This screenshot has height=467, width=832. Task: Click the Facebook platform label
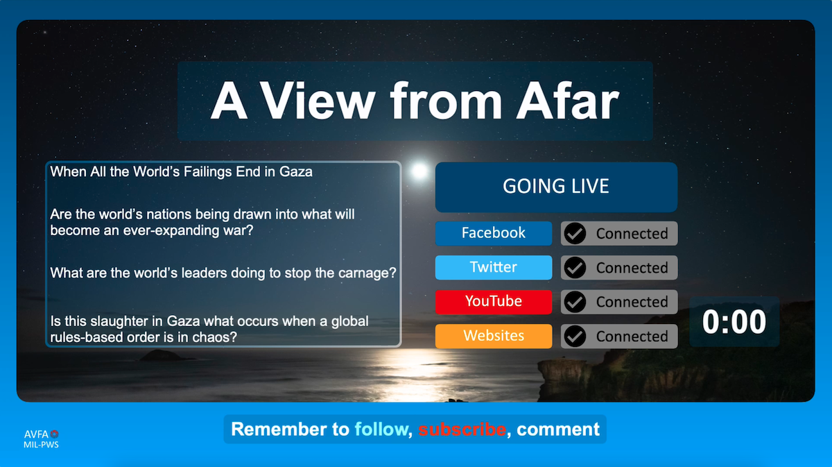(494, 233)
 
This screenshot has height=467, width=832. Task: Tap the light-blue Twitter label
(494, 267)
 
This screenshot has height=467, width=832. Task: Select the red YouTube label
(494, 302)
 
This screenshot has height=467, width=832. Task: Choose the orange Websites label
(494, 336)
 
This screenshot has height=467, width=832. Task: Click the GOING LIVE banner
(556, 187)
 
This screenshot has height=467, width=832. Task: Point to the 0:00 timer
(734, 321)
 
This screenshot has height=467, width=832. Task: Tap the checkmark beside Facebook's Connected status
(575, 233)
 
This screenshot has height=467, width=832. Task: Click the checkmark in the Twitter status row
(575, 268)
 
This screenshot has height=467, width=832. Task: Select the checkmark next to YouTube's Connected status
(575, 302)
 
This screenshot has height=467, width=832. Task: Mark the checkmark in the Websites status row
(575, 336)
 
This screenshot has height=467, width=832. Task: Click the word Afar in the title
(568, 101)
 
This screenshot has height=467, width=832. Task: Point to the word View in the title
(318, 101)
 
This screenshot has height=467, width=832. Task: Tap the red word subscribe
(462, 429)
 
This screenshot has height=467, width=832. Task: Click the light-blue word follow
(381, 429)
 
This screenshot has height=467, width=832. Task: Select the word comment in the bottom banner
(558, 430)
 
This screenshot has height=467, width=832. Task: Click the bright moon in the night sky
(419, 171)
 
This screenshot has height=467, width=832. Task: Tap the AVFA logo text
(36, 434)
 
